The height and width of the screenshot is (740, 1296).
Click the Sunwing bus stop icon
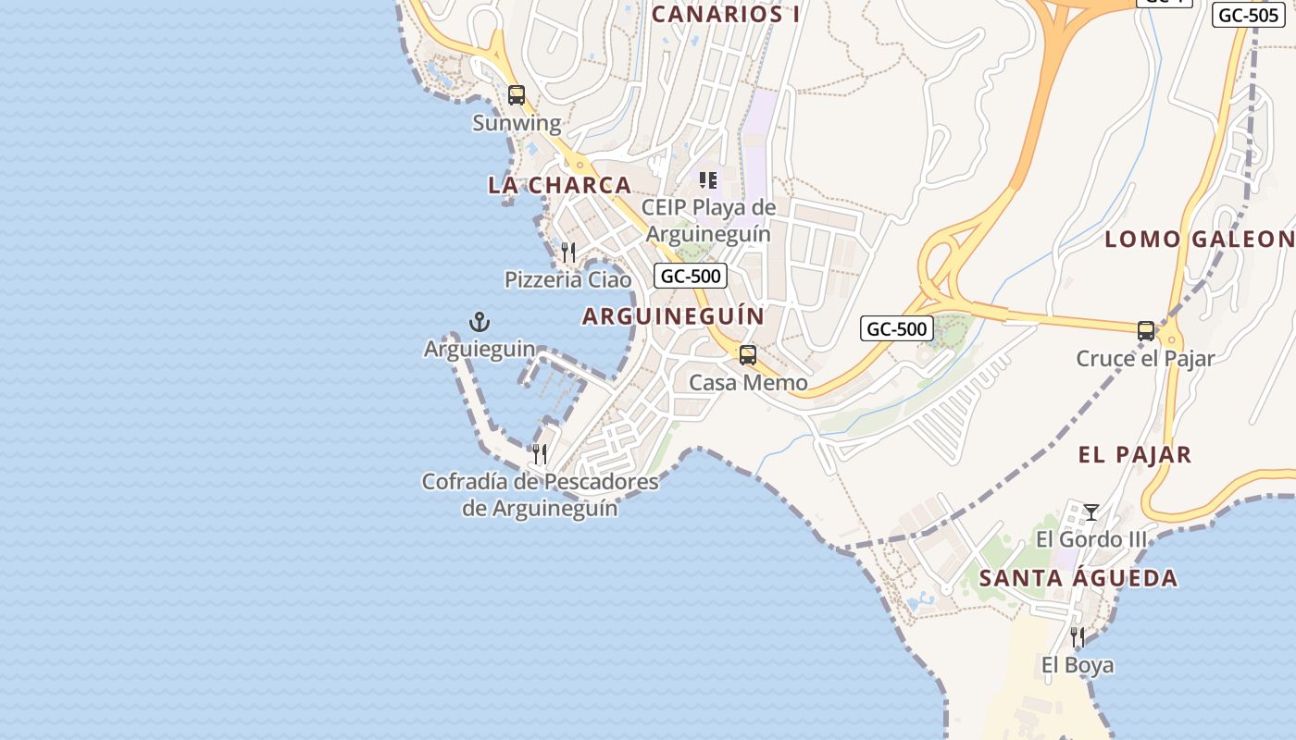pyautogui.click(x=517, y=95)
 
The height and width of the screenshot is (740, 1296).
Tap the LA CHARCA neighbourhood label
pyautogui.click(x=559, y=185)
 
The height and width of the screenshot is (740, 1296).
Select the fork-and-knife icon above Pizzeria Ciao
pyautogui.click(x=568, y=252)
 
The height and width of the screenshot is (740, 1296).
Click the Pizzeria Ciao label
pyautogui.click(x=567, y=279)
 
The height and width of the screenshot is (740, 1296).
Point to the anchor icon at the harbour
pyautogui.click(x=480, y=322)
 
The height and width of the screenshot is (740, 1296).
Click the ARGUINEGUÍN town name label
pyautogui.click(x=673, y=316)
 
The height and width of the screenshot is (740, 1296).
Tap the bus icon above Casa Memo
pyautogui.click(x=747, y=355)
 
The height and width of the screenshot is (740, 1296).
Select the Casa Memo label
pyautogui.click(x=748, y=383)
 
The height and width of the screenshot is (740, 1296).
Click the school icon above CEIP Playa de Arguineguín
pyautogui.click(x=708, y=180)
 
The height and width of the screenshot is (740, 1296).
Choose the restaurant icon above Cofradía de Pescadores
pyautogui.click(x=540, y=453)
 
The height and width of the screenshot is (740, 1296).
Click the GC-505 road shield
pyautogui.click(x=1248, y=15)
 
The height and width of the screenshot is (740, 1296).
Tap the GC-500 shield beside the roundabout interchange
pyautogui.click(x=896, y=328)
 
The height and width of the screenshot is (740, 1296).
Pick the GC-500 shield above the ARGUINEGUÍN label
pyautogui.click(x=690, y=276)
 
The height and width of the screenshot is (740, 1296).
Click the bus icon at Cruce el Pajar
pyautogui.click(x=1146, y=330)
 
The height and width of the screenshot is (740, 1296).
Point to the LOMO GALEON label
pyautogui.click(x=1199, y=240)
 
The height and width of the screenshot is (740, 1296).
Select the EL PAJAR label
pyautogui.click(x=1134, y=455)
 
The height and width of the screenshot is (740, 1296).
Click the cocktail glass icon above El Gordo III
pyautogui.click(x=1091, y=512)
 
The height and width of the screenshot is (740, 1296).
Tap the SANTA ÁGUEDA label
pyautogui.click(x=1078, y=579)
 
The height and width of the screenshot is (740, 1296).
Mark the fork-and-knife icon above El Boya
pyautogui.click(x=1078, y=637)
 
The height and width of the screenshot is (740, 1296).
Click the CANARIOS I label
pyautogui.click(x=726, y=14)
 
